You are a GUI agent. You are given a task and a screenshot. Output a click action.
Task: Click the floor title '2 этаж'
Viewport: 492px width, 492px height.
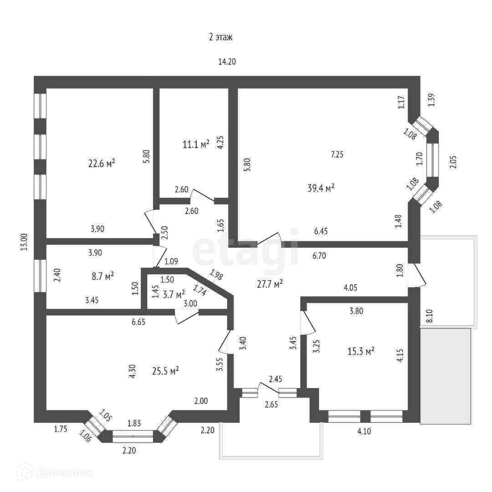221,37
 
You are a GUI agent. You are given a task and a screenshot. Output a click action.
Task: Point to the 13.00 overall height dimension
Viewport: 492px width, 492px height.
25,242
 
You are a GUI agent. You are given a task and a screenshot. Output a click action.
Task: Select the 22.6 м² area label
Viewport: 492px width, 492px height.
101,163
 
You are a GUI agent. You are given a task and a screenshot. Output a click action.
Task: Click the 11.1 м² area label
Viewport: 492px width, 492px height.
196,144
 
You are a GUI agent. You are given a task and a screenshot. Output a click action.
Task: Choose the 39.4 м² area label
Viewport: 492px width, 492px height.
322,188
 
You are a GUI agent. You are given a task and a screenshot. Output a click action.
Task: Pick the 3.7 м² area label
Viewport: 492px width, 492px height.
174,294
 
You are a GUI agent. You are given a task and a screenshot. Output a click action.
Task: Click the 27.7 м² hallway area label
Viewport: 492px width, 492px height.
270,283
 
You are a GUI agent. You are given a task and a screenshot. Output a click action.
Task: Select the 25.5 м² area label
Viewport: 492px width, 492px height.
165,371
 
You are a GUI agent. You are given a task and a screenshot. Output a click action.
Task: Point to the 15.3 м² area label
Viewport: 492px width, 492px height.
361,351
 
